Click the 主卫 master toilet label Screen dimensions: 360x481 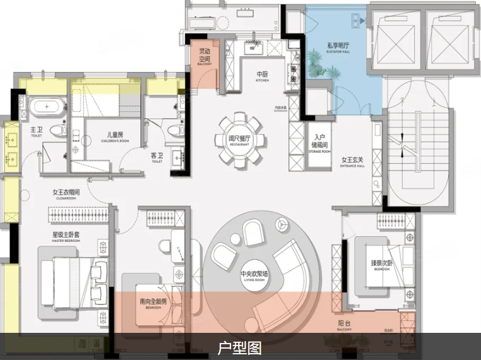36,131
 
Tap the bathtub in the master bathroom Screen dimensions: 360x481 47,107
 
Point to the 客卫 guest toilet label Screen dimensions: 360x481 157,156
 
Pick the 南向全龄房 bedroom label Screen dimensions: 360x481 154,303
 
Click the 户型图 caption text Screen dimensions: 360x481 239,348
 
